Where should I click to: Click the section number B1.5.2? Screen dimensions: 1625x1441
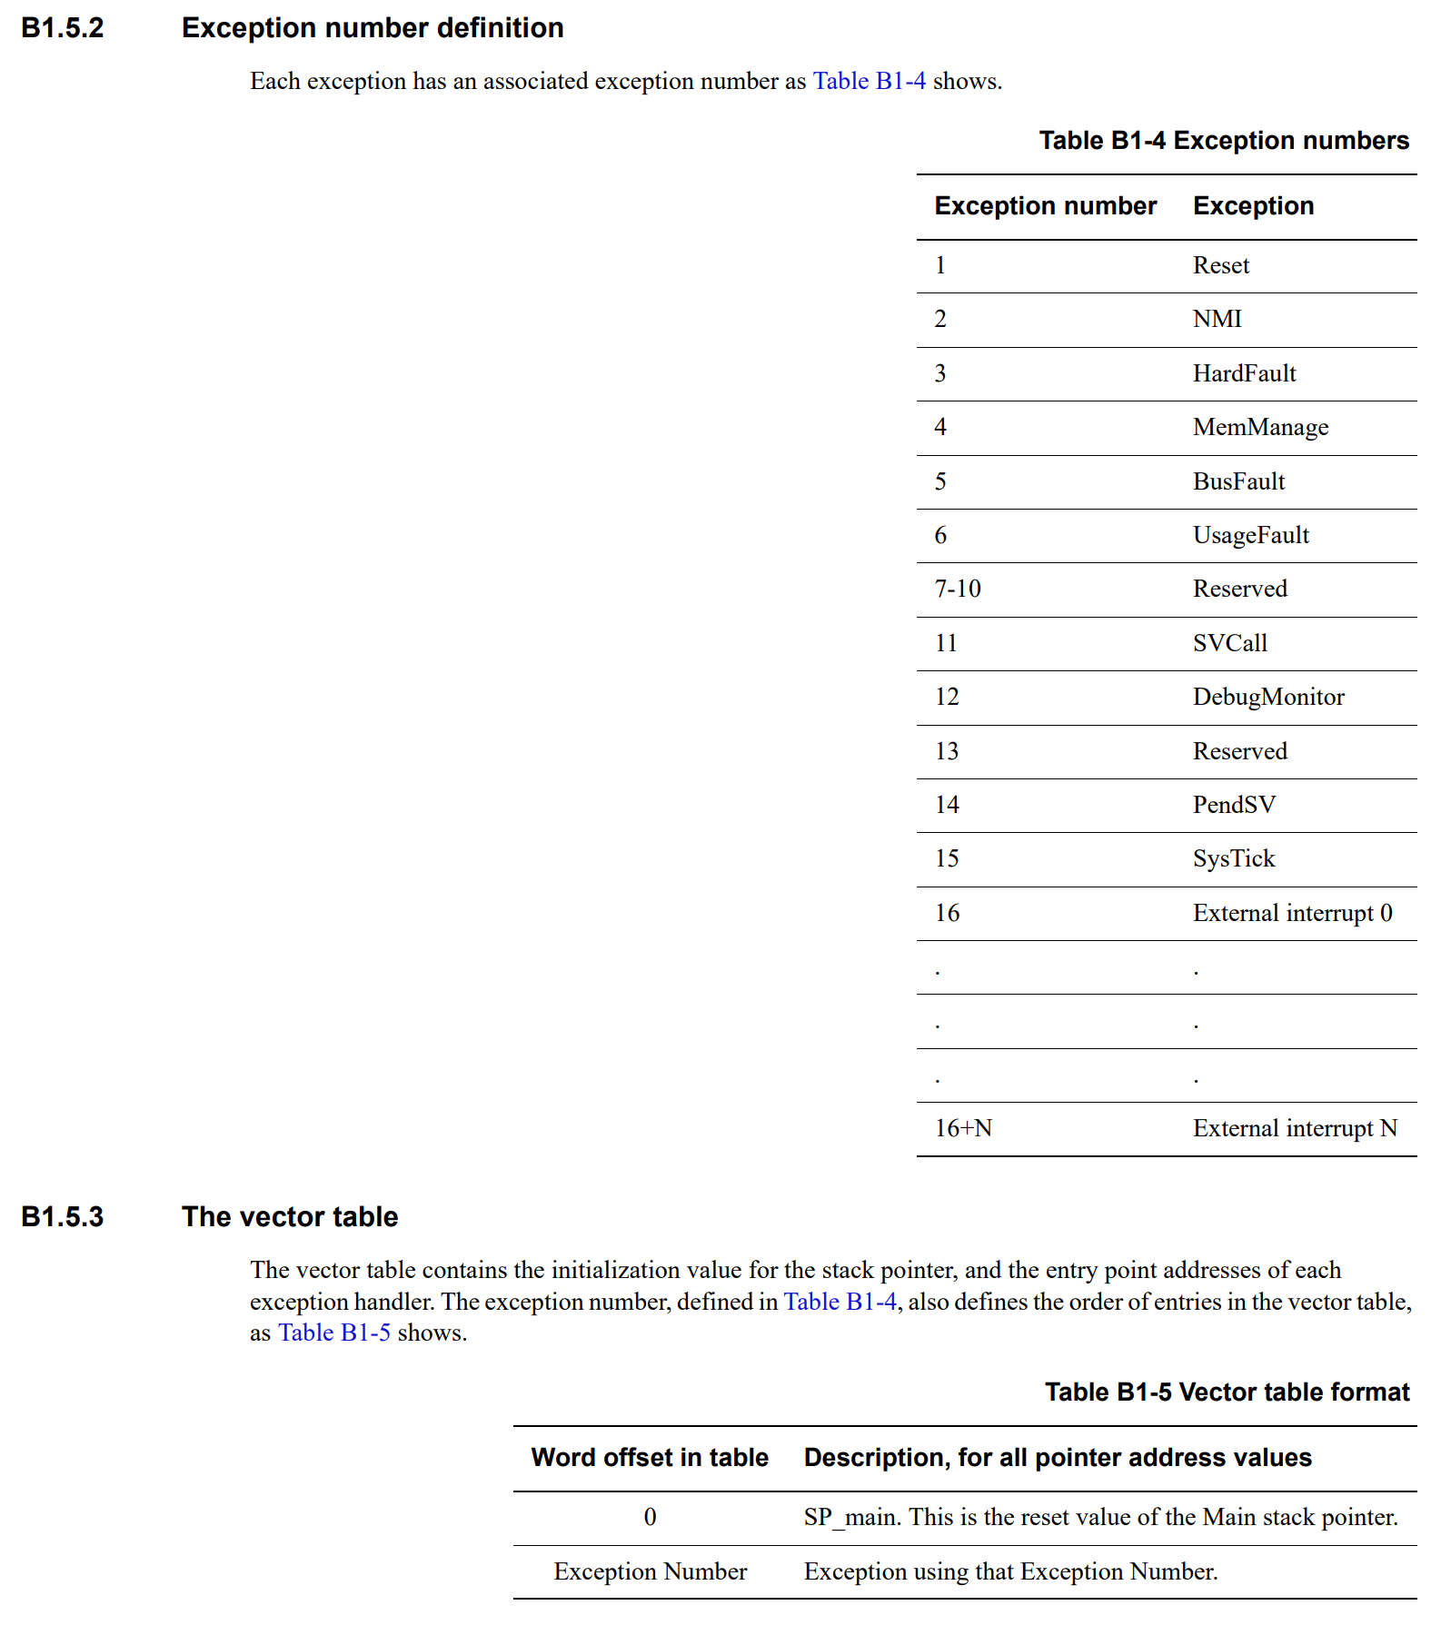point(63,28)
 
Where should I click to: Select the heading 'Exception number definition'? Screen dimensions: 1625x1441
point(373,28)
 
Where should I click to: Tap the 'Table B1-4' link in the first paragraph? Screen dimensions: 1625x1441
point(869,81)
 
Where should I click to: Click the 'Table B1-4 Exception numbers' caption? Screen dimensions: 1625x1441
point(1223,141)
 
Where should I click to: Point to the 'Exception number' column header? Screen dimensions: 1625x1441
point(1045,206)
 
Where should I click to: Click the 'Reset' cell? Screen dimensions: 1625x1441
point(1220,265)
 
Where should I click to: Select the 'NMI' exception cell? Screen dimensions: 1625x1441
point(1217,319)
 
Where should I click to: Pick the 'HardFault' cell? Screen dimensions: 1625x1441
point(1244,373)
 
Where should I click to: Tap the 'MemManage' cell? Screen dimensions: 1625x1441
point(1260,427)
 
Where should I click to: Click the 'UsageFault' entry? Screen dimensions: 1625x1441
point(1250,535)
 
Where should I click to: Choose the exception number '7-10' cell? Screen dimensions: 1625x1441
point(958,589)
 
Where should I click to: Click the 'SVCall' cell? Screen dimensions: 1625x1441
point(1229,643)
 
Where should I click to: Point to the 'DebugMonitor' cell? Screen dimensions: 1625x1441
point(1267,697)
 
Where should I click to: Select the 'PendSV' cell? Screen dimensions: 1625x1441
point(1234,805)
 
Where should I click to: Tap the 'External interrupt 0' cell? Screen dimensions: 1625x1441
point(1292,913)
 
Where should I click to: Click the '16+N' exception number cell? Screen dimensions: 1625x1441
point(963,1128)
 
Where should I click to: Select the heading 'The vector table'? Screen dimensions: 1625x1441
point(290,1217)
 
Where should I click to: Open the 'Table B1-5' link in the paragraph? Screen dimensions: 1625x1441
point(334,1333)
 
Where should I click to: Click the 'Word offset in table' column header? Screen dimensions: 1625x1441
point(650,1458)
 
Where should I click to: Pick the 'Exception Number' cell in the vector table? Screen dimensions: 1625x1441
point(651,1571)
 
